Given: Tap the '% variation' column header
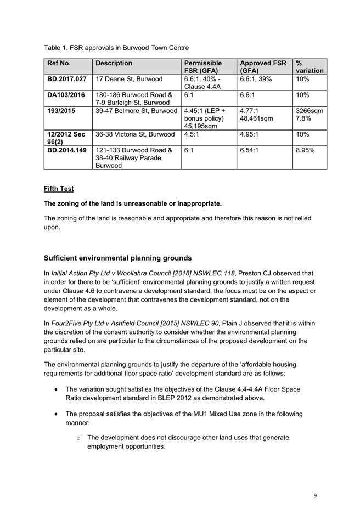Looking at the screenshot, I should [x=309, y=67].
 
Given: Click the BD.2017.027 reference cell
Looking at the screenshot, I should [x=67, y=79].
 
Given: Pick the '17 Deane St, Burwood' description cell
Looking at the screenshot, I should [x=129, y=79].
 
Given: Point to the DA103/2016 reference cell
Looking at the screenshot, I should [x=66, y=95].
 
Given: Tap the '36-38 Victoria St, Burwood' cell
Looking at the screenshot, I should [x=135, y=134].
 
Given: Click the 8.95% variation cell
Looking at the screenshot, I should [x=306, y=150].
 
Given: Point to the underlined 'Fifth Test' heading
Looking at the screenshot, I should [x=59, y=189].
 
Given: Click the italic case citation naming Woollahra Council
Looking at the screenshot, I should [x=145, y=273].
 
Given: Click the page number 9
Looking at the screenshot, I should [x=315, y=496].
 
